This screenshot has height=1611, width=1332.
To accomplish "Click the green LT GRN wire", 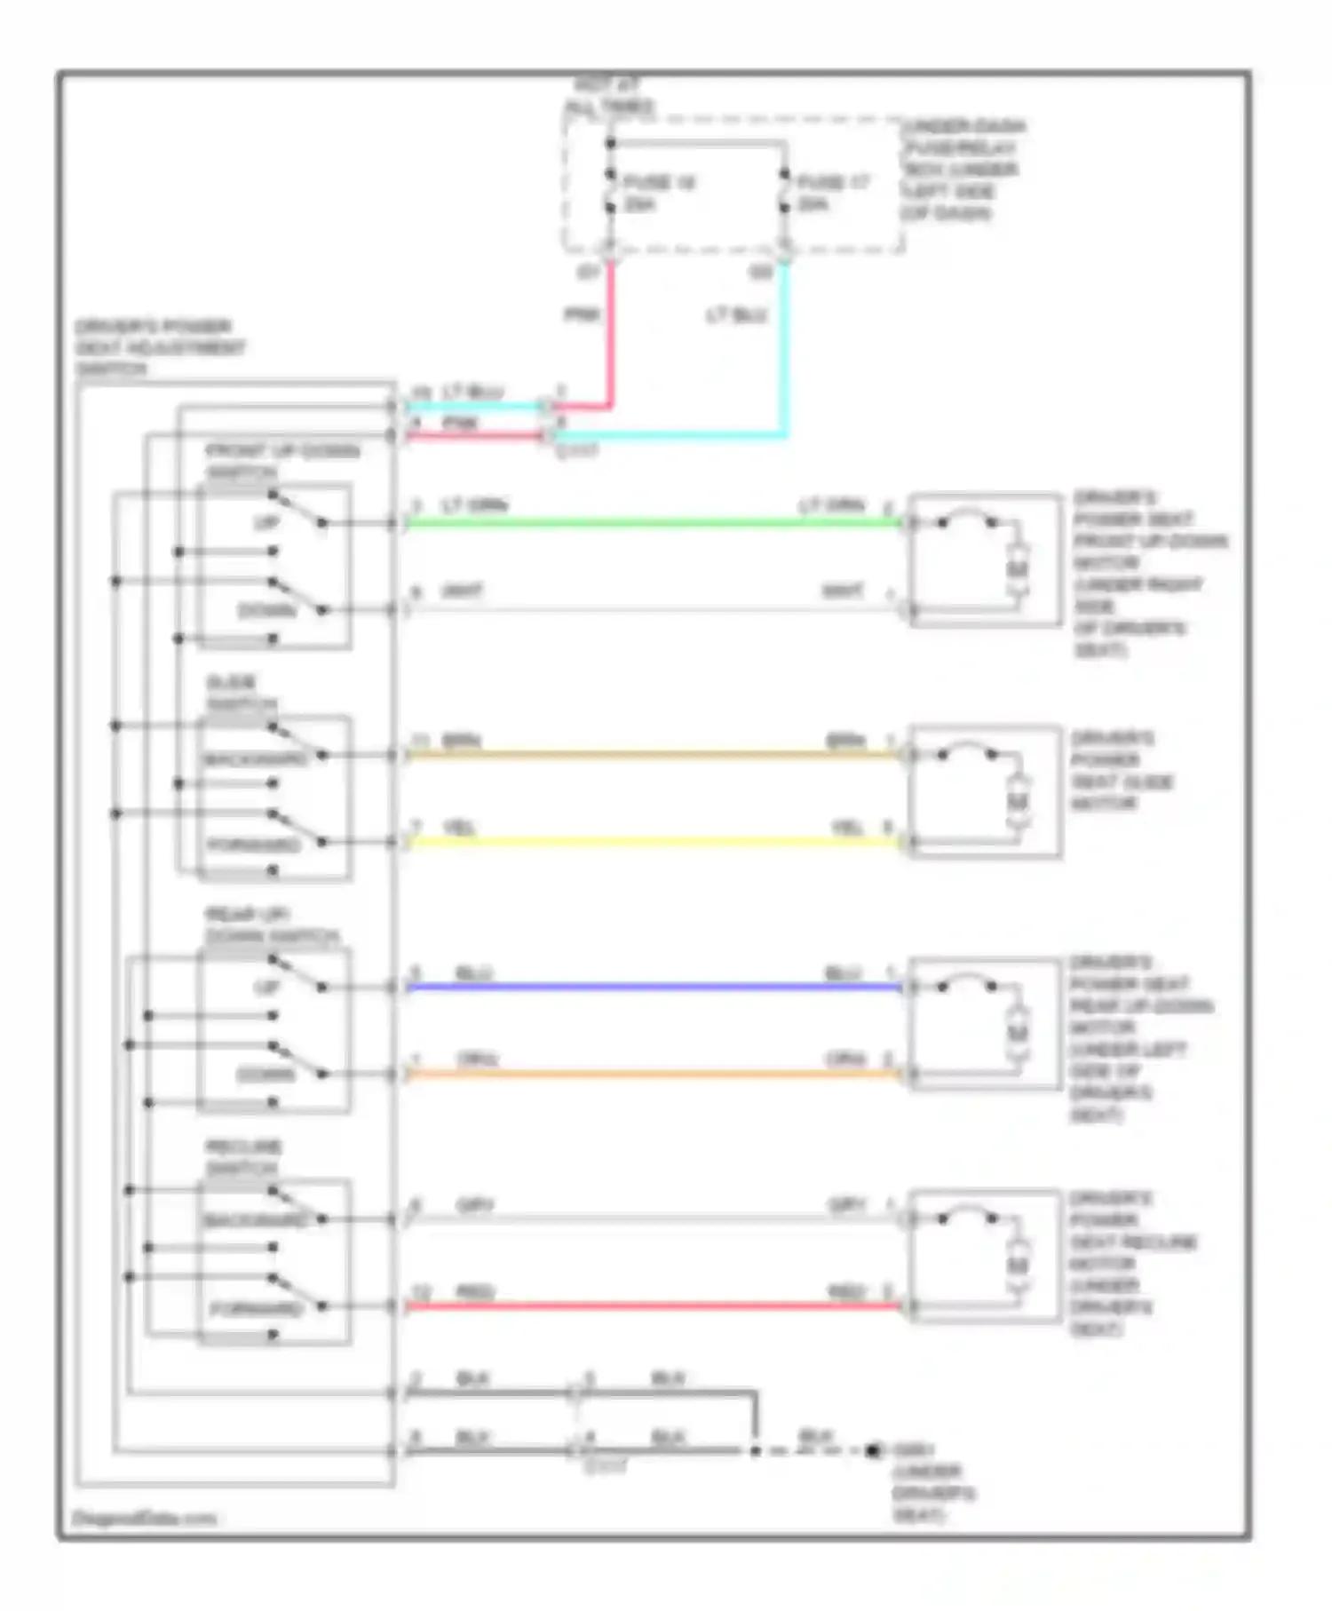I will [653, 523].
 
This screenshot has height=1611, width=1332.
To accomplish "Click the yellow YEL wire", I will [653, 841].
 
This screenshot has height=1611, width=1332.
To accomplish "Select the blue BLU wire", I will [653, 987].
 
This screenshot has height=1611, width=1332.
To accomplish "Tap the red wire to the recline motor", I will [653, 1306].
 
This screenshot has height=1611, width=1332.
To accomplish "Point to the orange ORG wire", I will [653, 1074].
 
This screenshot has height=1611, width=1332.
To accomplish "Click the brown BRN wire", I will [653, 755].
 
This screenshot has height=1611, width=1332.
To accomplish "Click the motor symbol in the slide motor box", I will [1018, 802].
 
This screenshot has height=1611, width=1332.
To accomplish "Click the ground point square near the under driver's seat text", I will [873, 1450].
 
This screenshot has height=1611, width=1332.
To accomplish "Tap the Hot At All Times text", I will [609, 97].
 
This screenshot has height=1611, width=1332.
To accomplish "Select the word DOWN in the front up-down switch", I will [266, 611].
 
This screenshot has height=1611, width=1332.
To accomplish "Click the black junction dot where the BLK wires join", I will [756, 1450].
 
